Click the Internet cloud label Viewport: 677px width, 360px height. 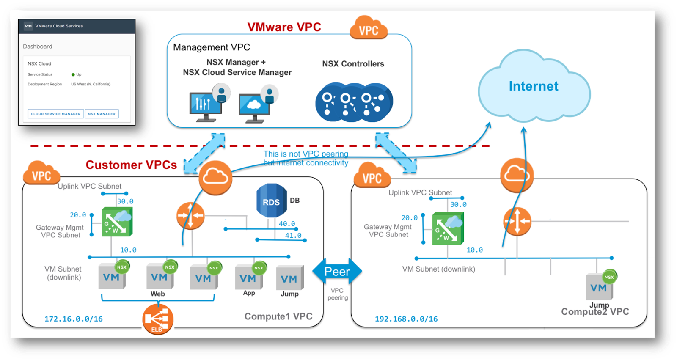tap(533, 86)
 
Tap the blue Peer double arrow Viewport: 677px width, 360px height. tap(337, 271)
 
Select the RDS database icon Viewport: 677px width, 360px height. tap(271, 201)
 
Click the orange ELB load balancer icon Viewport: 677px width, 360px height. tap(158, 319)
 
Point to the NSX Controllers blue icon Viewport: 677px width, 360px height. tap(354, 102)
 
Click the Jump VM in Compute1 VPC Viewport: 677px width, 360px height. tap(289, 278)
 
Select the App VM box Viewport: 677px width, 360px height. tap(248, 278)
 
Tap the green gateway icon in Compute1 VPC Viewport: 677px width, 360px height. tap(117, 222)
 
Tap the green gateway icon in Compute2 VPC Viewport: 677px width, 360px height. tap(448, 228)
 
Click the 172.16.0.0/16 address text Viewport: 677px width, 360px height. tap(74, 319)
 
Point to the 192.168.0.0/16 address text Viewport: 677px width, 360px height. tap(406, 319)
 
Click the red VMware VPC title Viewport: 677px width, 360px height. tap(284, 27)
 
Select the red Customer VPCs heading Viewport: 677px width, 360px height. tap(131, 165)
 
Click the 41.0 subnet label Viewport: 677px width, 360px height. tap(293, 235)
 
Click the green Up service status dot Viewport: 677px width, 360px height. tap(73, 74)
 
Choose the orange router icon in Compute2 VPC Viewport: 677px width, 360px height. tap(517, 221)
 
